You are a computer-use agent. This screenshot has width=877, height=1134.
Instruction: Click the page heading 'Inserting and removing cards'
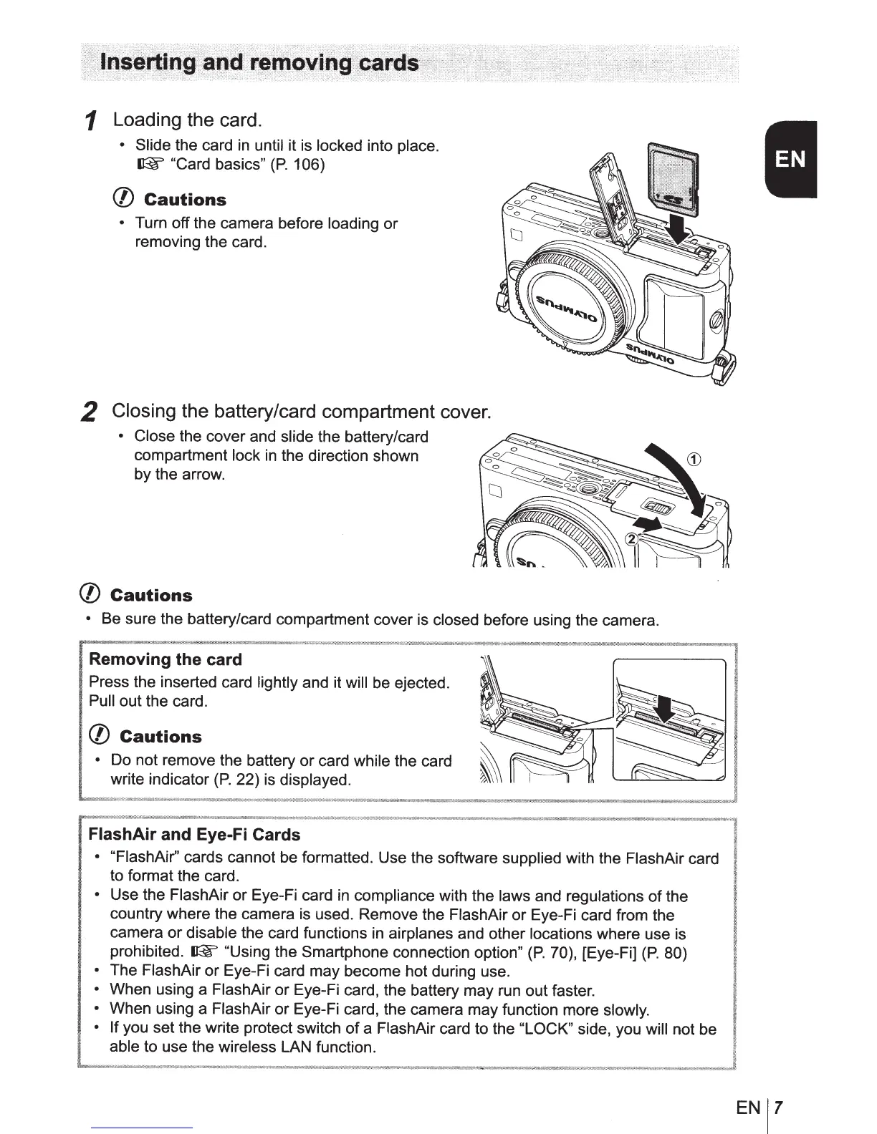260,63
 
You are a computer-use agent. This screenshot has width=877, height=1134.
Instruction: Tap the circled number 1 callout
692,459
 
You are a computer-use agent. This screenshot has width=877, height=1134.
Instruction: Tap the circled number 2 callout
631,540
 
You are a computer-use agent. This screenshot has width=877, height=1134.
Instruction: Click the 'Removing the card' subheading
166,659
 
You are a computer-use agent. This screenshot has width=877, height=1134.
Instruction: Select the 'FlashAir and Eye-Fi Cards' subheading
194,835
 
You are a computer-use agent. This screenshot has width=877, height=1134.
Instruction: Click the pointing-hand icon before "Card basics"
147,165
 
